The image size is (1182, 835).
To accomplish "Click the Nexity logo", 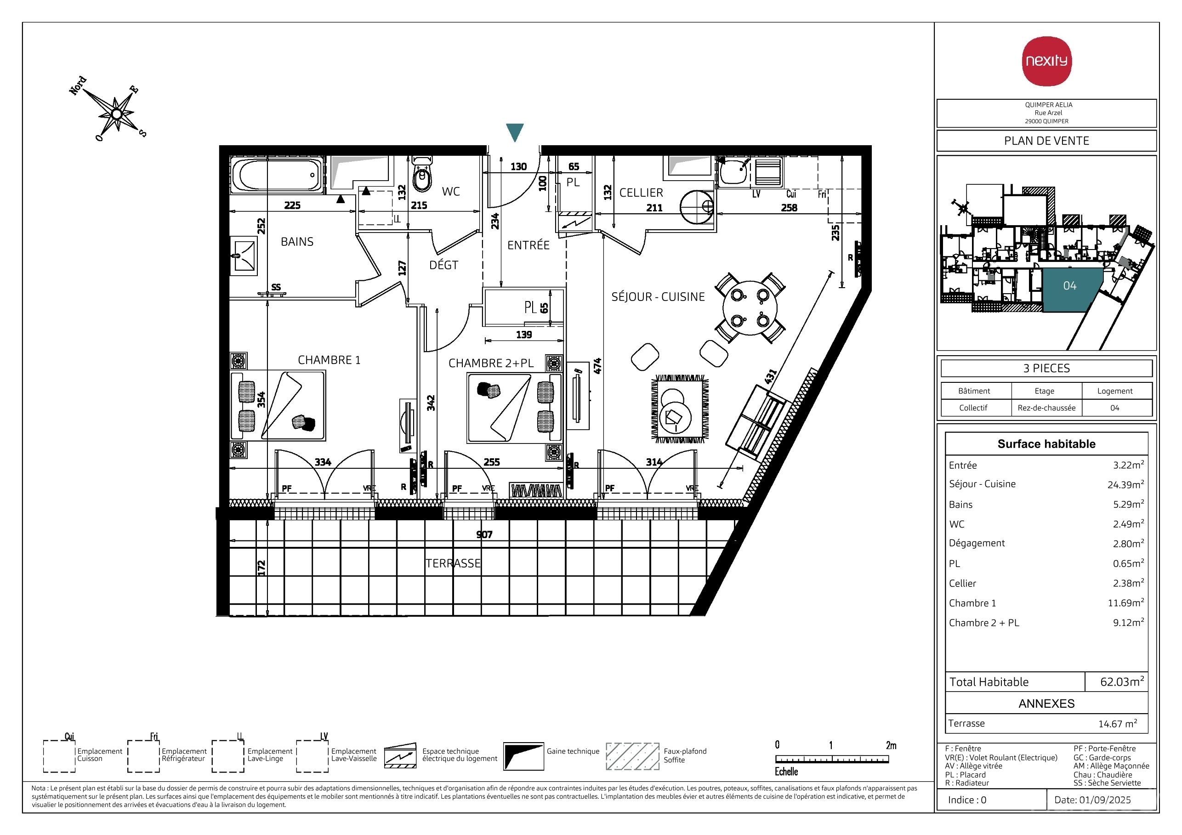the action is [1046, 61].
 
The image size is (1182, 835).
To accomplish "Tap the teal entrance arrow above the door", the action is [515, 132].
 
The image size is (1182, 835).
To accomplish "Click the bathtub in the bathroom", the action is [277, 176].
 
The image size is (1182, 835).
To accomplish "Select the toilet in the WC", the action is [422, 174].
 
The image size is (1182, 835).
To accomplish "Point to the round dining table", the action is [750, 308].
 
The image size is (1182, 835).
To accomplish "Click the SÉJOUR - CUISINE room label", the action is [658, 297].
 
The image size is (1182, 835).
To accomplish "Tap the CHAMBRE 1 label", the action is [329, 360].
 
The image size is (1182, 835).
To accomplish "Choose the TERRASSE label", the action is [453, 563].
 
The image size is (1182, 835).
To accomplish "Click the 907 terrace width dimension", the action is [484, 534].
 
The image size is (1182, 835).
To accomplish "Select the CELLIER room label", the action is [641, 193].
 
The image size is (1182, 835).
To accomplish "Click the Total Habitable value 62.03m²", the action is [1122, 682].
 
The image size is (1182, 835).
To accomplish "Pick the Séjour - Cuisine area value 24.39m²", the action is [1126, 484].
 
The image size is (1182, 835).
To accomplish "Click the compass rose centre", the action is [117, 113].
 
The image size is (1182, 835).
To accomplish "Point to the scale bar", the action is [832, 759].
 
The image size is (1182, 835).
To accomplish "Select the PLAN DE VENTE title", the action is [1046, 141].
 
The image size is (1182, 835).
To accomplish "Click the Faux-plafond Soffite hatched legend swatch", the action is [632, 756].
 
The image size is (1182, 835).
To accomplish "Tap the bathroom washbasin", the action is [243, 256].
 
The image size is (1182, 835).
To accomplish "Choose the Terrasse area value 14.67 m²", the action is [1118, 723].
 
